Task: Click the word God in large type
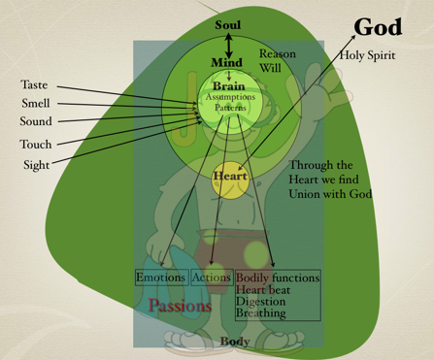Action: click(x=378, y=27)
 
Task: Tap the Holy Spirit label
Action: click(x=367, y=55)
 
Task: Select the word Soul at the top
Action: click(x=229, y=23)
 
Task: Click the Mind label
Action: click(x=227, y=63)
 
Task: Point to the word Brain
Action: click(x=230, y=86)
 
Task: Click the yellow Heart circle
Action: click(x=230, y=178)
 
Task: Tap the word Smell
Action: click(x=36, y=103)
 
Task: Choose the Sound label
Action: click(x=36, y=121)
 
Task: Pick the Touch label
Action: click(x=36, y=145)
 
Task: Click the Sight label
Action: click(x=36, y=165)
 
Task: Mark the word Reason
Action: click(x=277, y=54)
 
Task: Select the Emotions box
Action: click(x=160, y=278)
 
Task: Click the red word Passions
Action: click(x=180, y=306)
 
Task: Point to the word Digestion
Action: click(x=260, y=302)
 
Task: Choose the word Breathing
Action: click(x=260, y=313)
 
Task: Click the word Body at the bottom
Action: click(x=235, y=342)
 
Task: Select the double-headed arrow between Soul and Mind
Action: click(x=229, y=43)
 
